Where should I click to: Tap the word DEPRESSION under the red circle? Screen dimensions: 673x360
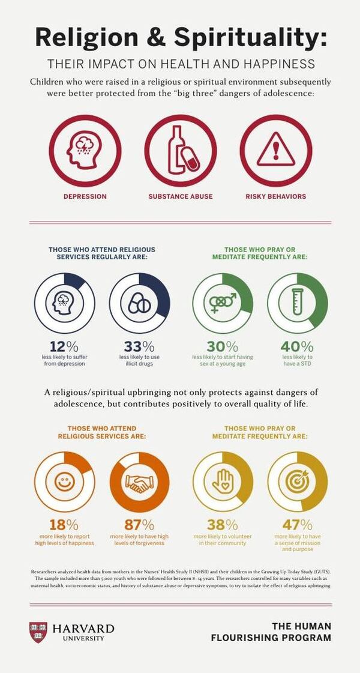click(85, 196)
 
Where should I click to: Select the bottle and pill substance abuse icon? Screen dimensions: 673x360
click(180, 151)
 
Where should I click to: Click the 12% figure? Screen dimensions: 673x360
click(64, 346)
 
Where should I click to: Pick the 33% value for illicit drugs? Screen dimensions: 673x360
click(139, 346)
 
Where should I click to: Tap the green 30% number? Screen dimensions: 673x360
click(222, 346)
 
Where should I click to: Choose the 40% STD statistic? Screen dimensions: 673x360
click(297, 346)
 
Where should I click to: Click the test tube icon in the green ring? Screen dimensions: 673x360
click(297, 303)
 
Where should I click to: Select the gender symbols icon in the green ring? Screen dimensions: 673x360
click(222, 303)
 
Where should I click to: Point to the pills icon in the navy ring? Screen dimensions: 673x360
click(139, 303)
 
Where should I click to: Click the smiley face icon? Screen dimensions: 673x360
click(64, 482)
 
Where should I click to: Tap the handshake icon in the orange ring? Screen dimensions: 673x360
click(139, 482)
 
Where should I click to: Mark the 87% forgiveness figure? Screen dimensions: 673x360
click(139, 524)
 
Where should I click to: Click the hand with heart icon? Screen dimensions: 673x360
click(222, 482)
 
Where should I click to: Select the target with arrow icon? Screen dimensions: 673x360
click(297, 482)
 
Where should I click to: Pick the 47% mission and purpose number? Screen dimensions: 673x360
click(297, 524)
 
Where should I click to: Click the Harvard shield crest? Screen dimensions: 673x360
click(38, 632)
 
